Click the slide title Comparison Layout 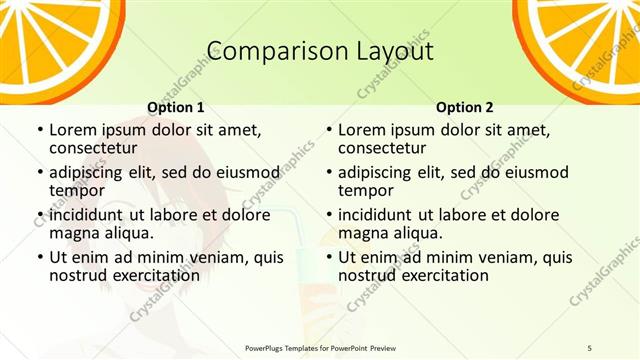pos(320,52)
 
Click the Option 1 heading pos(176,107)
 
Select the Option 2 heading pos(465,107)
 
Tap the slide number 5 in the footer pos(589,346)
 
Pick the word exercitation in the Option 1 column pos(145,275)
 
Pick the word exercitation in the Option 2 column pos(434,275)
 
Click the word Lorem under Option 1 pos(71,129)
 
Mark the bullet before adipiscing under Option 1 pos(39,172)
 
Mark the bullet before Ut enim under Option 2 pos(328,258)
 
